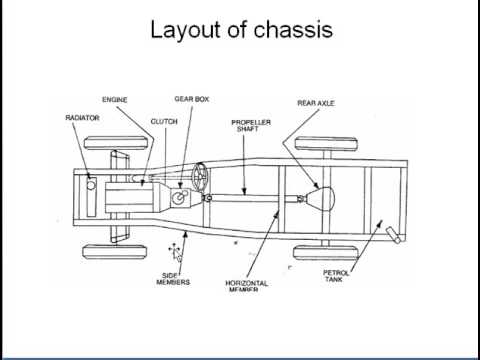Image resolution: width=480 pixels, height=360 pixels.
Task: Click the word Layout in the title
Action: (185, 31)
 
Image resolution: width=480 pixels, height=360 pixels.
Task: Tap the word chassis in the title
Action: (290, 31)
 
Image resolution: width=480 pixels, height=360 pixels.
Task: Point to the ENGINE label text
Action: (116, 100)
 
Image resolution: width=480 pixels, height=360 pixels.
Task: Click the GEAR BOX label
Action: (191, 100)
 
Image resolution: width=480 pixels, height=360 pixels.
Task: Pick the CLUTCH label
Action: (163, 121)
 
